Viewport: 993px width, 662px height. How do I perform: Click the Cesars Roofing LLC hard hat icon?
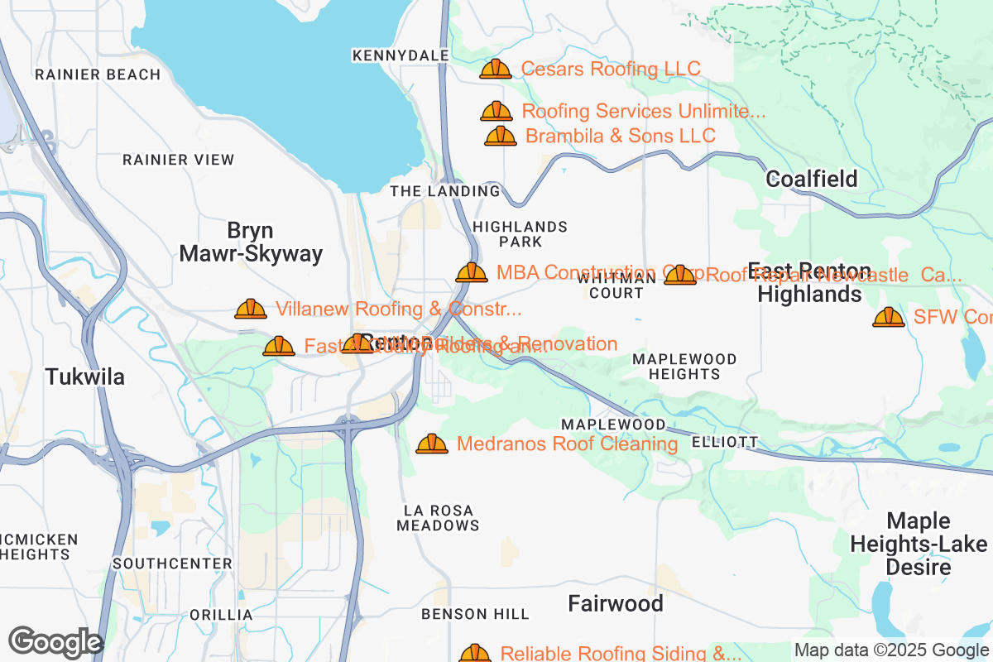click(496, 69)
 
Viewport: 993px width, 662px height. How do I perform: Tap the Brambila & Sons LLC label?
click(620, 136)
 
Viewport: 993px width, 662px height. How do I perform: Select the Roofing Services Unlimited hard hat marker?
click(496, 111)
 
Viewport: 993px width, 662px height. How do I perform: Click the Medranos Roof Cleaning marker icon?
click(431, 444)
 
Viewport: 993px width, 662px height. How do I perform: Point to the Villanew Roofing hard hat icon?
click(251, 309)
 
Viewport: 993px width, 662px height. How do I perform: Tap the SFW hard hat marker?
click(889, 317)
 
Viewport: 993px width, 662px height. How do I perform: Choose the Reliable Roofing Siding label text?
click(621, 654)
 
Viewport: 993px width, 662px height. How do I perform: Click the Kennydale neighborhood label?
click(401, 55)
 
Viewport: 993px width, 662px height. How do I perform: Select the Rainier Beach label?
click(98, 74)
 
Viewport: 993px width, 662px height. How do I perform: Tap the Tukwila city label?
click(85, 377)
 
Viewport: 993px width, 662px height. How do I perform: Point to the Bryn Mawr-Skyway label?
click(251, 242)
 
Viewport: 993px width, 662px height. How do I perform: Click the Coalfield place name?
click(811, 179)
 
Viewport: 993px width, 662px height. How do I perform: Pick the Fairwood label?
click(616, 604)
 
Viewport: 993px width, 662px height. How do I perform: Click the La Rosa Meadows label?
click(438, 518)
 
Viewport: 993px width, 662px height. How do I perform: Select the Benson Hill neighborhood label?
click(475, 614)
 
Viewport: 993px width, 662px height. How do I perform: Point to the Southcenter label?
click(173, 564)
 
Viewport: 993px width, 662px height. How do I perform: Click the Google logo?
click(55, 642)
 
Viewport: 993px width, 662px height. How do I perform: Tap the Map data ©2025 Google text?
click(892, 650)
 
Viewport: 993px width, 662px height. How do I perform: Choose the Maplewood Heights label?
click(684, 367)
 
